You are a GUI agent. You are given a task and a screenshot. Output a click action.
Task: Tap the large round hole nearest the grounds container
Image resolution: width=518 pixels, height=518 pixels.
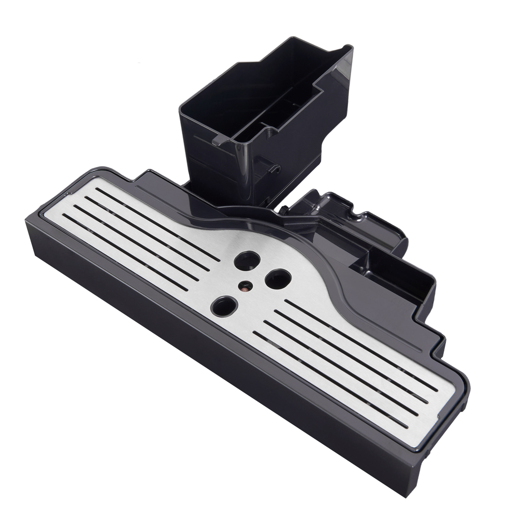[x=247, y=260]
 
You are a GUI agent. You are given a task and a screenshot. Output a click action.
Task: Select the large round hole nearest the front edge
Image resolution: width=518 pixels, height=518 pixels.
[x=224, y=306]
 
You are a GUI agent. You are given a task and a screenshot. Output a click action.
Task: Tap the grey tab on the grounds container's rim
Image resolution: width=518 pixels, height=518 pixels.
[x=220, y=139]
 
